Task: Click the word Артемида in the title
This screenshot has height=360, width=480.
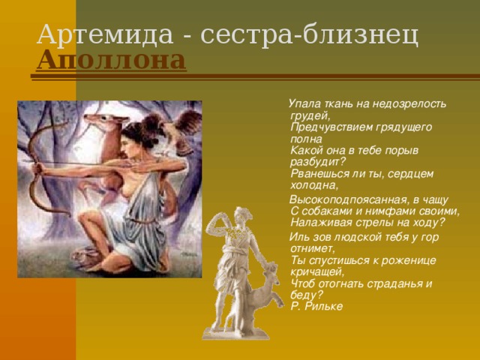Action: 105,34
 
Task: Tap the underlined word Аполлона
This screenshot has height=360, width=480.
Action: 112,60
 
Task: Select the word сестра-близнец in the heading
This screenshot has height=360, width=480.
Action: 310,35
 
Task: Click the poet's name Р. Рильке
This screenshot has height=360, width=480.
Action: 316,307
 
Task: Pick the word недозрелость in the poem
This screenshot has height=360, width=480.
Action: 409,105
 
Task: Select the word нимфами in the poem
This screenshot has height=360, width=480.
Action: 390,211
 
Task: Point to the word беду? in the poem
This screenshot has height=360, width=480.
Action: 307,295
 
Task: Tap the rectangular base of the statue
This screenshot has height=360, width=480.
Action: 235,333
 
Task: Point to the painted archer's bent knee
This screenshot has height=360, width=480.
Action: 85,218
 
